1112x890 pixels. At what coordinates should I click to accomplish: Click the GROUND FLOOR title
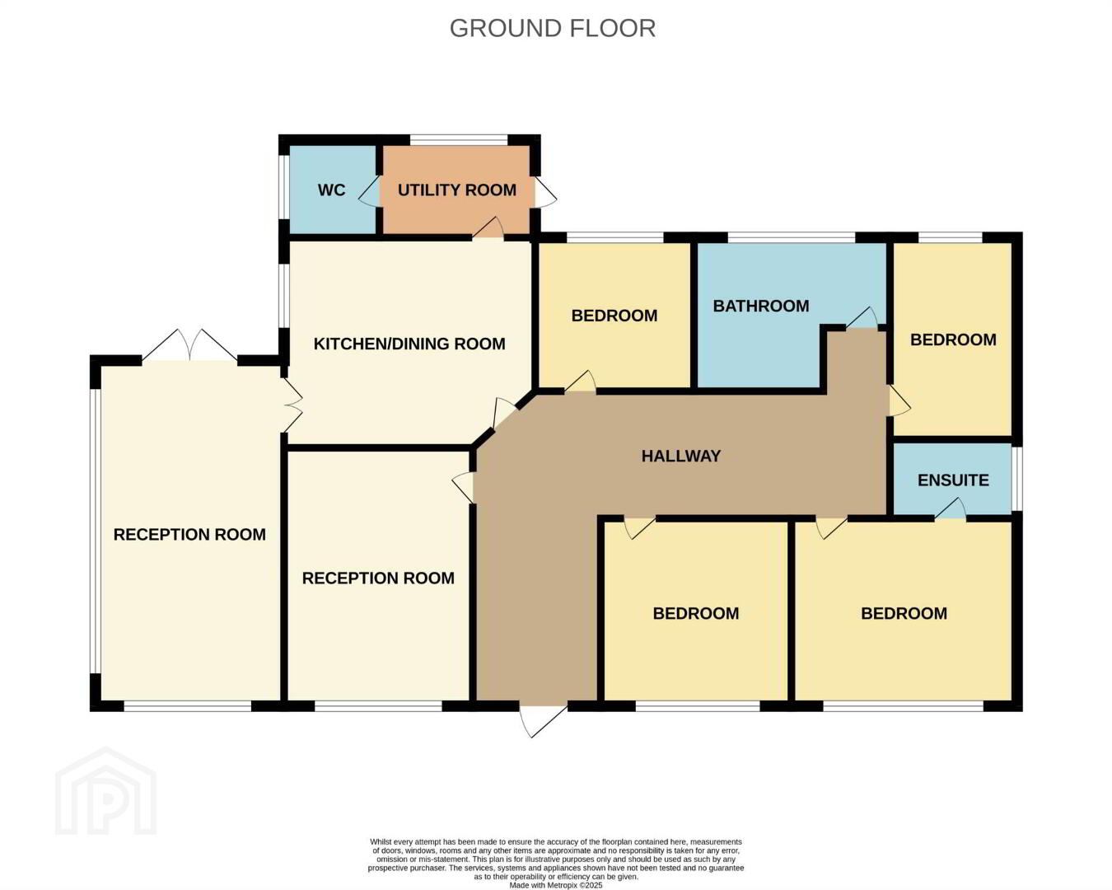[x=553, y=28]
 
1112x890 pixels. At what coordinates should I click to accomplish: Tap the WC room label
[x=331, y=190]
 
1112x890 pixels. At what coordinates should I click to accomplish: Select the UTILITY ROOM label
[x=457, y=190]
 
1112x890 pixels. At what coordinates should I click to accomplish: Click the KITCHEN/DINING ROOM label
[x=409, y=344]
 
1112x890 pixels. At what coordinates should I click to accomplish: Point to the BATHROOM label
[x=761, y=307]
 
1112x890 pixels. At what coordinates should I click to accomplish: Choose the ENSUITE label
[x=953, y=480]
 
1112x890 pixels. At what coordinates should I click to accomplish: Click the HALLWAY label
[x=681, y=456]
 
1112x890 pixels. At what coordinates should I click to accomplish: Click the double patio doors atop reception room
[x=190, y=345]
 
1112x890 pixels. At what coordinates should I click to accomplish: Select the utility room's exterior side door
[x=545, y=192]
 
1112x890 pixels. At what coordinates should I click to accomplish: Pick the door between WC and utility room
[x=370, y=192]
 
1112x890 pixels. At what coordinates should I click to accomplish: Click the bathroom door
[x=862, y=318]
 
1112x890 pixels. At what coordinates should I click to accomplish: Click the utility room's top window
[x=459, y=139]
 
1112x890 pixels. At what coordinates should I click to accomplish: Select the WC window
[x=283, y=187]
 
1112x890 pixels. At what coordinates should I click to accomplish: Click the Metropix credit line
[x=556, y=885]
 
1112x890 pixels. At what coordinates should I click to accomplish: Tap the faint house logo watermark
[x=106, y=791]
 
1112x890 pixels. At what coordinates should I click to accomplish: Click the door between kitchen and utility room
[x=488, y=228]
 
